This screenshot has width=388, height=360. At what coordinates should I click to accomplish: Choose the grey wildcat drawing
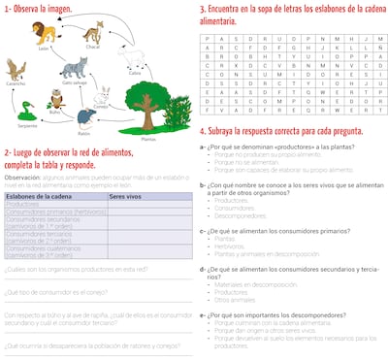coord(73,70)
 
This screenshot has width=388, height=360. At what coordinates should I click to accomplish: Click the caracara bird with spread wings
coord(16,69)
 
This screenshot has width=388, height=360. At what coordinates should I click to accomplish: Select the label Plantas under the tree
coord(148,139)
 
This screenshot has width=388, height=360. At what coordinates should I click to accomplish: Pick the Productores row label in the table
coord(23,204)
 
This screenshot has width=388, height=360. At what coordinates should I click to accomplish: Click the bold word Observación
coord(22,178)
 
